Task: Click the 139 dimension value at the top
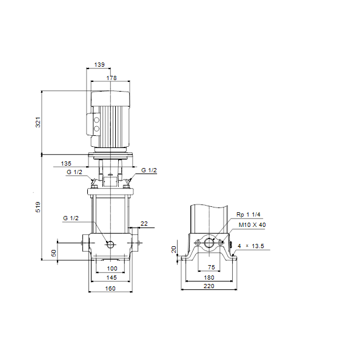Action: pyautogui.click(x=99, y=64)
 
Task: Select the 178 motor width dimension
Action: pyautogui.click(x=112, y=78)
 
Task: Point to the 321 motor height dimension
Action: pyautogui.click(x=38, y=123)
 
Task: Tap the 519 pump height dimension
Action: pyautogui.click(x=38, y=207)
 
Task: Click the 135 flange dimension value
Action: pyautogui.click(x=66, y=163)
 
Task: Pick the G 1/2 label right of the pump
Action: pyautogui.click(x=149, y=170)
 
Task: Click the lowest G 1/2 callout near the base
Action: pyautogui.click(x=71, y=218)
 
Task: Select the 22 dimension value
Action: pyautogui.click(x=144, y=223)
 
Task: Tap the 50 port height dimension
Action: pyautogui.click(x=53, y=253)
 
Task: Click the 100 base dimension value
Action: pyautogui.click(x=112, y=269)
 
